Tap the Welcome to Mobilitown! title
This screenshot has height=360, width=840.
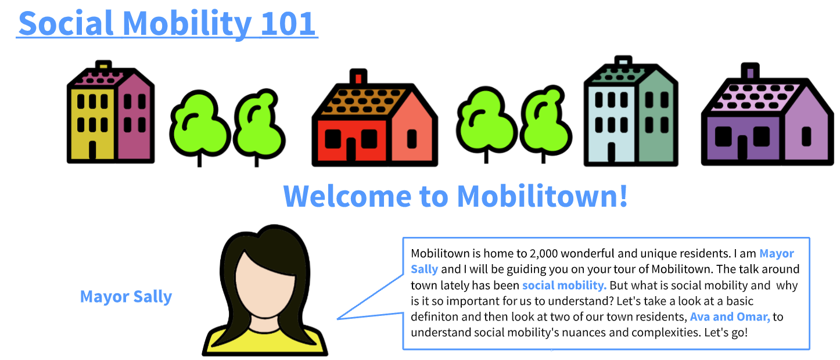click(455, 196)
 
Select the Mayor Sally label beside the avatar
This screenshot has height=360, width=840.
click(126, 297)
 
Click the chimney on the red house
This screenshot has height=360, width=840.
click(357, 77)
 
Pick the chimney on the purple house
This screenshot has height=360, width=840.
click(750, 71)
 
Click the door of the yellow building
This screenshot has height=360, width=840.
click(92, 150)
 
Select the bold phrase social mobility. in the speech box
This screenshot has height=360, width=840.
click(564, 285)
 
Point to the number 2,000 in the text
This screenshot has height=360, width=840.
click(545, 253)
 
